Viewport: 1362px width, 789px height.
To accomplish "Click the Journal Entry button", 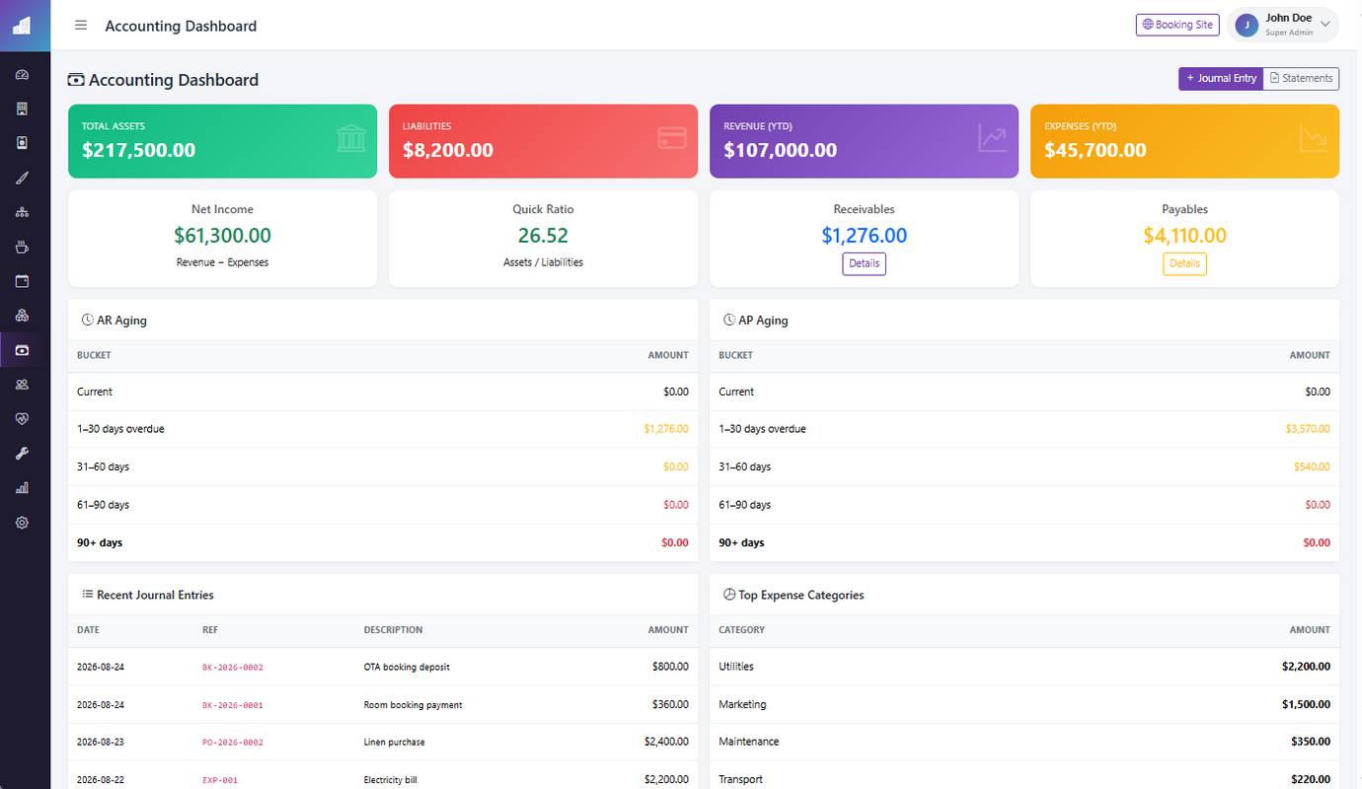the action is (1221, 78).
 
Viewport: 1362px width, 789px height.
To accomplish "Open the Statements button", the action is (1301, 78).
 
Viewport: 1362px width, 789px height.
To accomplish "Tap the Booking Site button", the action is (1177, 25).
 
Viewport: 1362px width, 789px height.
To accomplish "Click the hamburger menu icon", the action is (81, 25).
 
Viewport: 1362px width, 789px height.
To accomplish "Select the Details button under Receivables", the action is (864, 263).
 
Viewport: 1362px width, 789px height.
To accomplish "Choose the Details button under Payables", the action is (1184, 263).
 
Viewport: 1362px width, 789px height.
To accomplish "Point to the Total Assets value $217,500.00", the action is (138, 150).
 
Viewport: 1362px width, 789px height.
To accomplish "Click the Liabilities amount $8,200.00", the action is (447, 150).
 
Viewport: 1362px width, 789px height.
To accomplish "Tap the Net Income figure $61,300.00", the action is (222, 235).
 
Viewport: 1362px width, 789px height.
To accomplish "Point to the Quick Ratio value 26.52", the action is (543, 235).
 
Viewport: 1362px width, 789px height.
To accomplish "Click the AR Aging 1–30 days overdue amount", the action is (666, 429).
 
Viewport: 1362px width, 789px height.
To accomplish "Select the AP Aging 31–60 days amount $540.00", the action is (1312, 466).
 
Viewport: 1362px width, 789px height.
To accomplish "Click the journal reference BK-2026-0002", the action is (232, 667).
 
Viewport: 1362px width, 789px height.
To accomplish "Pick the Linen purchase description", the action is (394, 742).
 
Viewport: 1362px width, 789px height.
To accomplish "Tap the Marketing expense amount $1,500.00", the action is (1306, 704).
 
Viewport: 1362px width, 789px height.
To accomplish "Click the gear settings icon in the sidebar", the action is (22, 523).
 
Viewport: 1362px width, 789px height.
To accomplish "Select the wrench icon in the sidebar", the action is (22, 453).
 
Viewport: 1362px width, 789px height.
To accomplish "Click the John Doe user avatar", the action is (1247, 26).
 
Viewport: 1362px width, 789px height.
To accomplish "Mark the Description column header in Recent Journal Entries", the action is (393, 630).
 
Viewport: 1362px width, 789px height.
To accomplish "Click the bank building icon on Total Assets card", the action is (350, 138).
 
